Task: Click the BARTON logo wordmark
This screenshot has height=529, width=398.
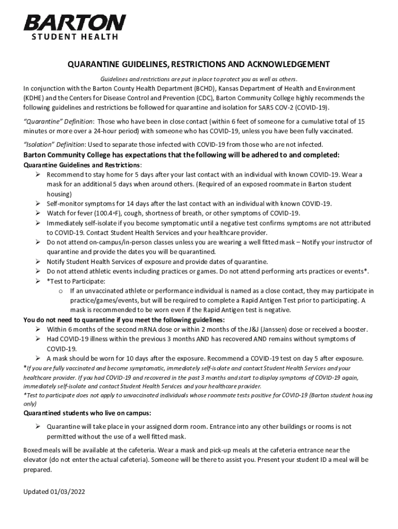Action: pyautogui.click(x=75, y=23)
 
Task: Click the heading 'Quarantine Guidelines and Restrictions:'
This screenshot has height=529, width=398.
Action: pyautogui.click(x=83, y=165)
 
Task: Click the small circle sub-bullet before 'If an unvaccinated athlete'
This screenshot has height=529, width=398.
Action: pyautogui.click(x=60, y=291)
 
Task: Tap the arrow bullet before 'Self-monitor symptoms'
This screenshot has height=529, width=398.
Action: pyautogui.click(x=38, y=204)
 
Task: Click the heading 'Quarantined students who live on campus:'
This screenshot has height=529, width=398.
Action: pyautogui.click(x=87, y=413)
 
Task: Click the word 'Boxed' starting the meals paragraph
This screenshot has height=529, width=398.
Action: pyautogui.click(x=34, y=450)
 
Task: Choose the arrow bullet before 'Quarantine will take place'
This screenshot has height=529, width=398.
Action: pyautogui.click(x=38, y=427)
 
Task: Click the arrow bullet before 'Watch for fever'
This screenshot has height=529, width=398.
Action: pyautogui.click(x=38, y=213)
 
